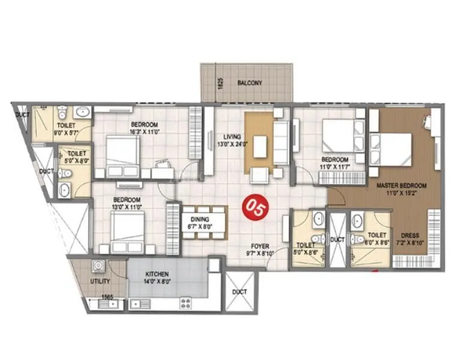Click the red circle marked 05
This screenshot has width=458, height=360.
250,206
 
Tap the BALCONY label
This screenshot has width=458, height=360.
249,83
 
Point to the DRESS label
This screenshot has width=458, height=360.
409,235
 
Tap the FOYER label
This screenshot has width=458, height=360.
260,246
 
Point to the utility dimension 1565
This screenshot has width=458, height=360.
108,296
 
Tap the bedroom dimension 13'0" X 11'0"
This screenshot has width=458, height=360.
128,207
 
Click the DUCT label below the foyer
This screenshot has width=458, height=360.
239,292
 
